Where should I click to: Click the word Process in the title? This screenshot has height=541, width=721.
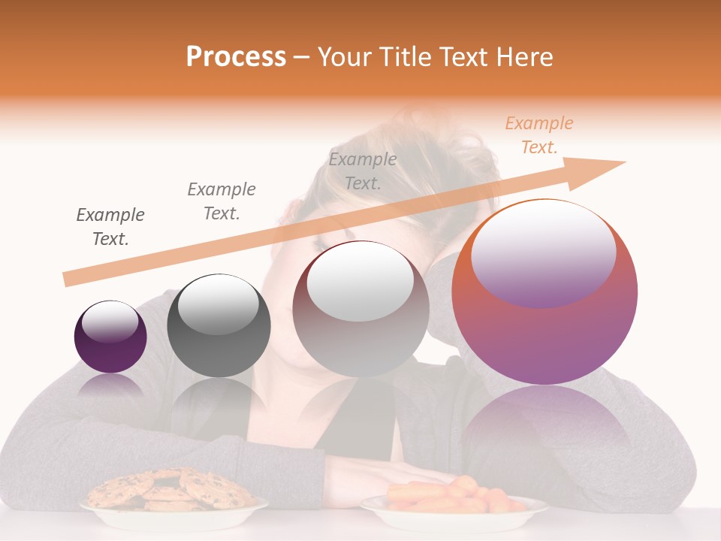(236, 57)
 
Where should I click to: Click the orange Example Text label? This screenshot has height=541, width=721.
(538, 135)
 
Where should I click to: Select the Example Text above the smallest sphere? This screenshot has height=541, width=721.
(110, 226)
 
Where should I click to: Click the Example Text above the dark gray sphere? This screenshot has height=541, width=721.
(222, 201)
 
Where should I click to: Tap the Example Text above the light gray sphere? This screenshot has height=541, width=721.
(363, 171)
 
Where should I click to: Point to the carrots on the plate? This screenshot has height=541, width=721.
(451, 495)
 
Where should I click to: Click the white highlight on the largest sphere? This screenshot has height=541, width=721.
(542, 248)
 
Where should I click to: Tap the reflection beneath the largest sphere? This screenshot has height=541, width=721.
(544, 428)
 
